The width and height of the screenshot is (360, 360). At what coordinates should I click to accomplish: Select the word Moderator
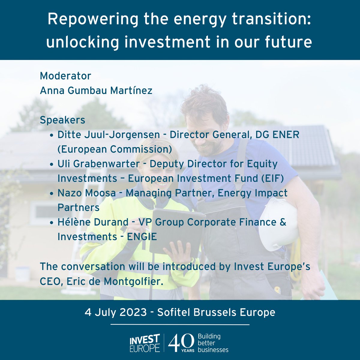(65, 76)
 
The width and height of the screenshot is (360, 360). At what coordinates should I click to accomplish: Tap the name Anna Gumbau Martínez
(96, 90)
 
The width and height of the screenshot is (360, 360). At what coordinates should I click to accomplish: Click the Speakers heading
(62, 120)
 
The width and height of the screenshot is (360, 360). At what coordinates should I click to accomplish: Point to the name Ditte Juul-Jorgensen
(109, 135)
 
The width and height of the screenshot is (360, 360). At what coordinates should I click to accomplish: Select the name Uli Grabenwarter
(99, 164)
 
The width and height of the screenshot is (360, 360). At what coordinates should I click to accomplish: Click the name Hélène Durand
(93, 222)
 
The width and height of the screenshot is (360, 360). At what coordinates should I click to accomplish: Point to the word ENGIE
(142, 237)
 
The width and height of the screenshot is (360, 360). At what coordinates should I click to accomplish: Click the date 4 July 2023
(116, 312)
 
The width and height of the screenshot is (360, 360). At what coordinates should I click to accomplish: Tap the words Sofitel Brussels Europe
(216, 312)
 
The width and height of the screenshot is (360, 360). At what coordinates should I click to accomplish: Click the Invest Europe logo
(145, 343)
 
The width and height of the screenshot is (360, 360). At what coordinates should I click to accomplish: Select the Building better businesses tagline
(213, 343)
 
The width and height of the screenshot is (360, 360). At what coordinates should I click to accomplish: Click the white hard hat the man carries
(277, 223)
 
